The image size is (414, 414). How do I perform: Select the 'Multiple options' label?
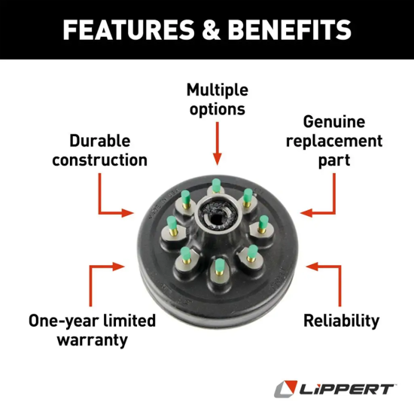coord(217,99)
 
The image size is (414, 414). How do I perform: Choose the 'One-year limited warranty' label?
coord(92,330)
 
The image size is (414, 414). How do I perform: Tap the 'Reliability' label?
coord(340,321)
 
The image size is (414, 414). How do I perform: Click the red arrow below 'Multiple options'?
coord(217,144)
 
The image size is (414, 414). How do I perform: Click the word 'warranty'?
coord(92,339)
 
